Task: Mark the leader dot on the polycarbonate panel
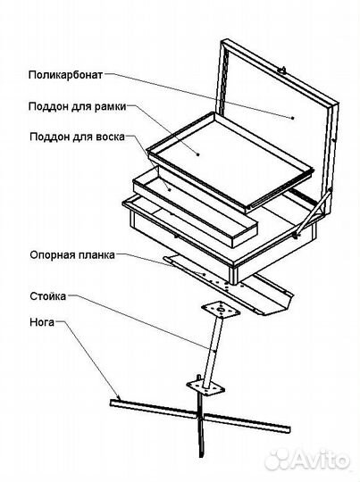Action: [x=293, y=117]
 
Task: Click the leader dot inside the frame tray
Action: [x=198, y=154]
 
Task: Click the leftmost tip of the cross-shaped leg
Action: [x=112, y=404]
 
